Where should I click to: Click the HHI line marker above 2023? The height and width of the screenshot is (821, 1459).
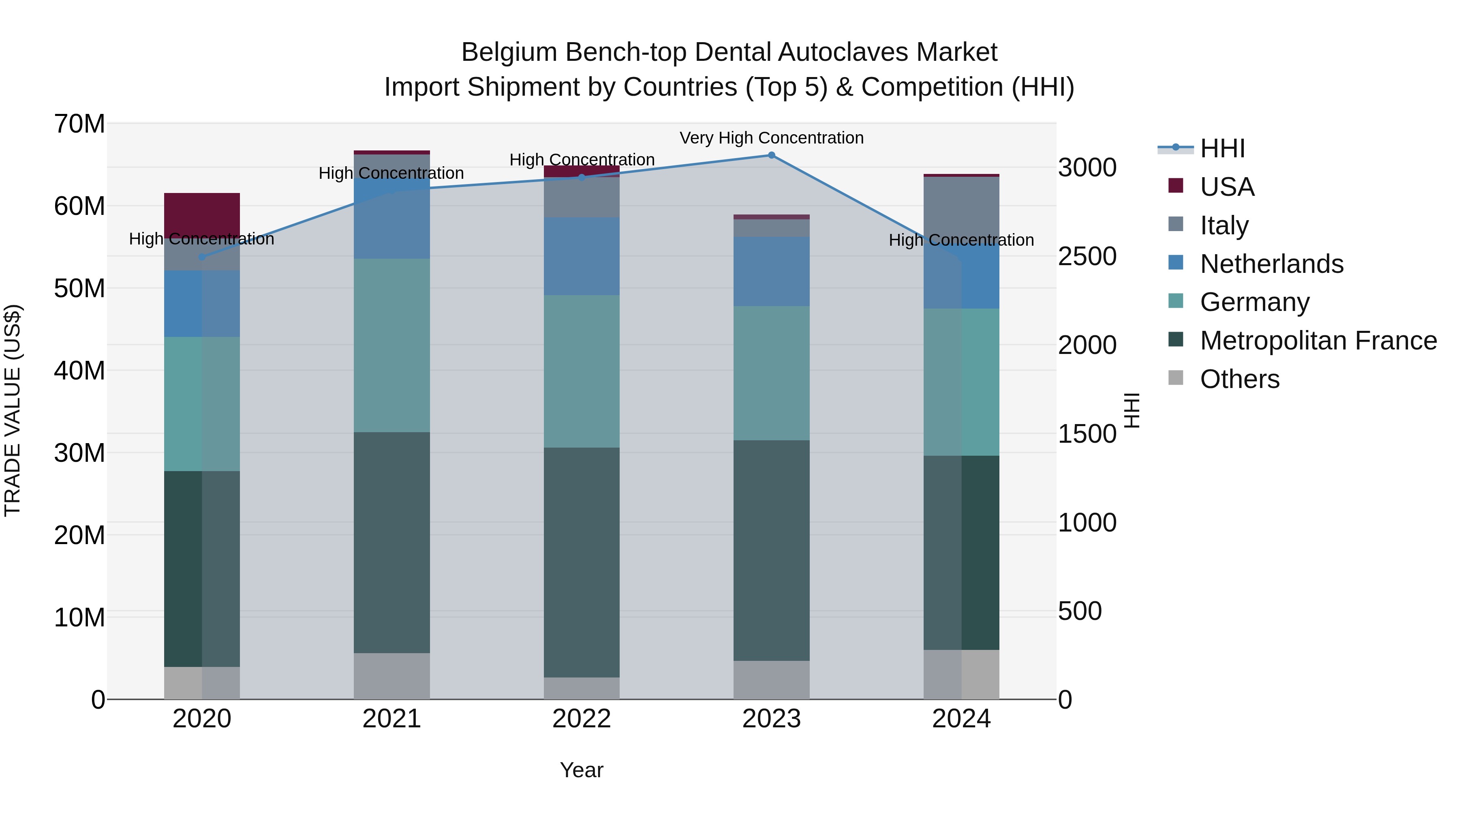[771, 155]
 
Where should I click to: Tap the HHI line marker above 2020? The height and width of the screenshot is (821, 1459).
[202, 257]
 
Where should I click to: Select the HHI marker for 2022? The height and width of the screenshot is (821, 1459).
[581, 177]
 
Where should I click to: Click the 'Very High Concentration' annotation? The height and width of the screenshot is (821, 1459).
[771, 138]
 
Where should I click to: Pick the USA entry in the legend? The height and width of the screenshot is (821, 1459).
[1227, 187]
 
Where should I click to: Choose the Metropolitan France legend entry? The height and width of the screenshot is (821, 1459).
[1318, 341]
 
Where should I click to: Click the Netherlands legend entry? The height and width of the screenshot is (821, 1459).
[1271, 264]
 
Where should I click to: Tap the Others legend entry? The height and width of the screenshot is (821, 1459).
[1239, 379]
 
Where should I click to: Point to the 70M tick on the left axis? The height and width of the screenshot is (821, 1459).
[79, 124]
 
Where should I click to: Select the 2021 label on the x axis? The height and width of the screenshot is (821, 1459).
[391, 719]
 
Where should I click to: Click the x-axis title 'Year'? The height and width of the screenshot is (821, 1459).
[581, 770]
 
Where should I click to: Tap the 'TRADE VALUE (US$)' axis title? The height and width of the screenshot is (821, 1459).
[13, 410]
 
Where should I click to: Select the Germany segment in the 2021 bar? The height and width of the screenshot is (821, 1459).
[391, 345]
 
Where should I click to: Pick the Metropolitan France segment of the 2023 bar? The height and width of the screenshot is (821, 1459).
[771, 550]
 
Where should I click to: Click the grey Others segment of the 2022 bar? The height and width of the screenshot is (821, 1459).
[581, 688]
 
